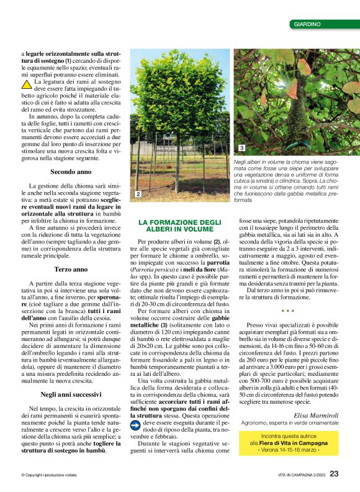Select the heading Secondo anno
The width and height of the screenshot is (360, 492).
click(70, 171)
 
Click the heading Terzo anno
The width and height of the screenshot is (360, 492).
click(70, 270)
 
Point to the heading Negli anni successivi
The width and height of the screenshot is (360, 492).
click(70, 376)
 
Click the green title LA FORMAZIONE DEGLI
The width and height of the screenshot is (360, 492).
click(179, 222)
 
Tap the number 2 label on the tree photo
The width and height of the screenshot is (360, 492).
click(138, 195)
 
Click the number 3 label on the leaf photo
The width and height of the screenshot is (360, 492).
click(241, 148)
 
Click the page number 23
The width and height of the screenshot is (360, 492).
click(334, 474)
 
